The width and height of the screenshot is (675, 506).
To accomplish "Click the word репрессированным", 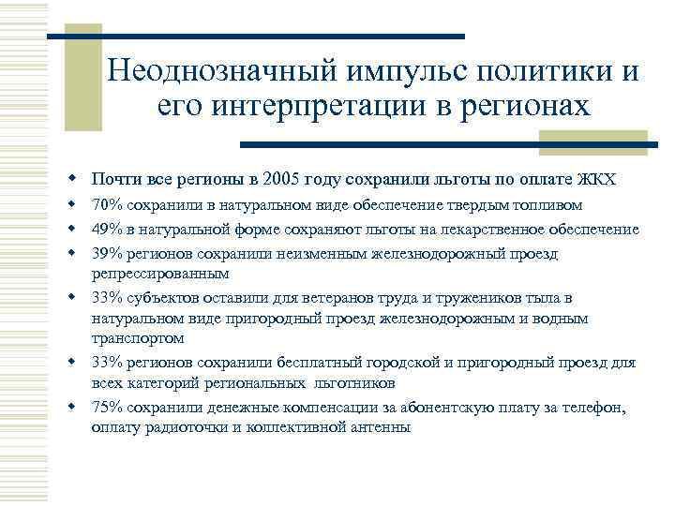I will pyautogui.click(x=159, y=275).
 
